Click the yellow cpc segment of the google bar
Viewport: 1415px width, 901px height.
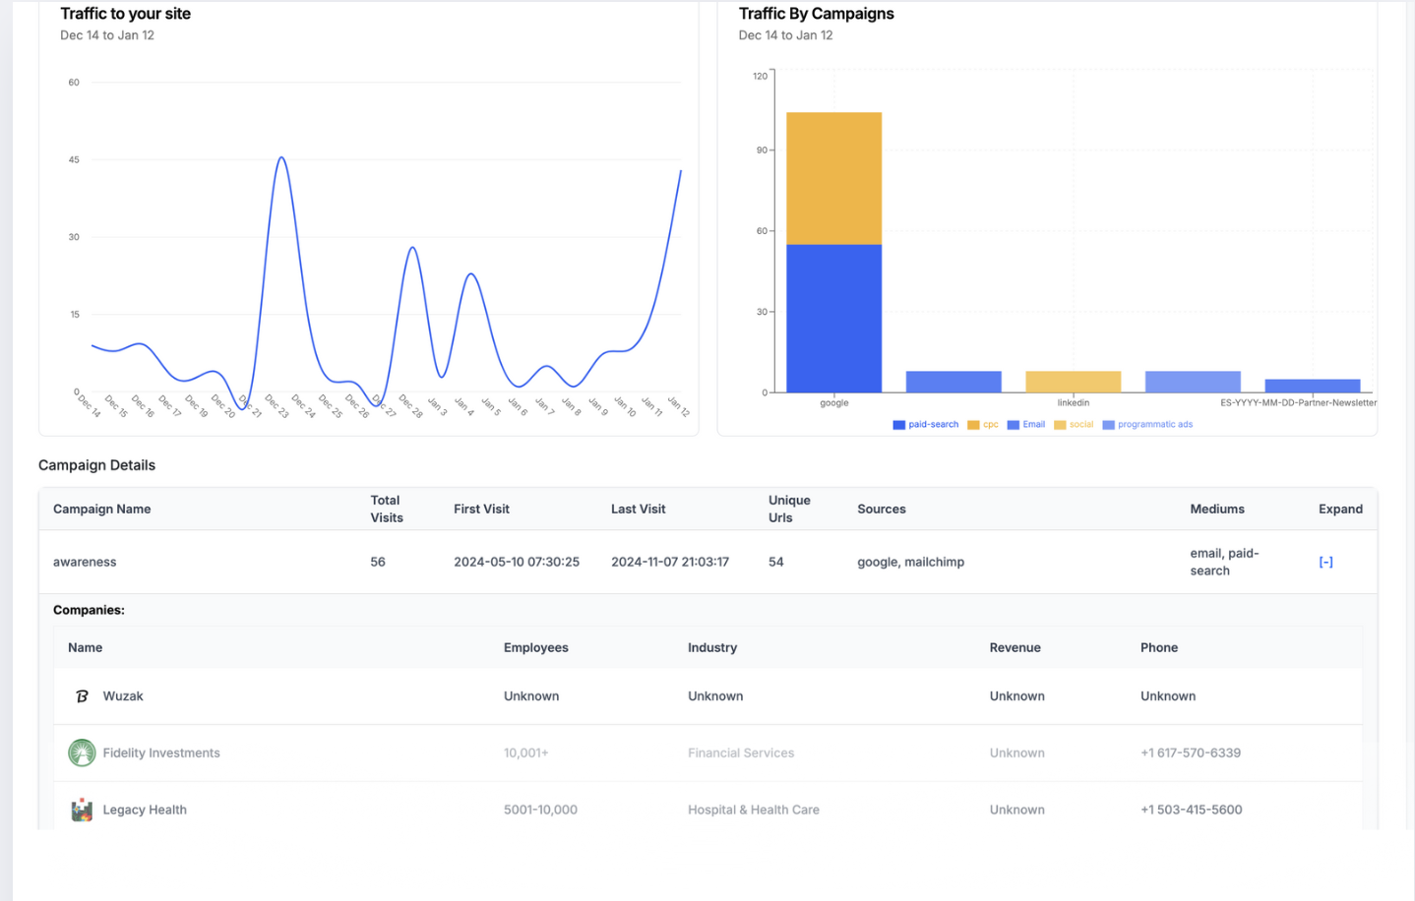pyautogui.click(x=833, y=178)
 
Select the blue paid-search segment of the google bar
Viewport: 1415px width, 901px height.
pyautogui.click(x=833, y=318)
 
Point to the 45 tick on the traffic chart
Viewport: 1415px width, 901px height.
pyautogui.click(x=74, y=159)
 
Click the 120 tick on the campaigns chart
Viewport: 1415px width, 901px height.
pyautogui.click(x=760, y=76)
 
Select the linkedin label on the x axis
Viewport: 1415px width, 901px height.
pyautogui.click(x=1073, y=402)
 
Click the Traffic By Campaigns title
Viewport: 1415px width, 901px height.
pyautogui.click(x=816, y=14)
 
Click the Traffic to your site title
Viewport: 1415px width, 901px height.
pyautogui.click(x=125, y=14)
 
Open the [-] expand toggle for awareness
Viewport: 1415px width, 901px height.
pyautogui.click(x=1325, y=562)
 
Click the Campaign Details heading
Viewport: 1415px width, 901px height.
pyautogui.click(x=96, y=465)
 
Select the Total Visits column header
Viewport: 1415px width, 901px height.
pyautogui.click(x=386, y=509)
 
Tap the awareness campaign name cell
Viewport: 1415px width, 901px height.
pyautogui.click(x=85, y=562)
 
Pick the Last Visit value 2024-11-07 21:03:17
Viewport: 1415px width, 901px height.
pyautogui.click(x=669, y=562)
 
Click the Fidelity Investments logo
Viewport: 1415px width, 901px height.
pyautogui.click(x=82, y=752)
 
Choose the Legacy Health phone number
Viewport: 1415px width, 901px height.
pyautogui.click(x=1191, y=810)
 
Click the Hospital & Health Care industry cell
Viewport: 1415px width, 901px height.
pyautogui.click(x=753, y=810)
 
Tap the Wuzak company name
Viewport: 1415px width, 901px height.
pyautogui.click(x=123, y=695)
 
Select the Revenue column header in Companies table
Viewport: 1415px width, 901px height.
pyautogui.click(x=1015, y=647)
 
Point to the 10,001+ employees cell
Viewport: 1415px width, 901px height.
pyautogui.click(x=525, y=752)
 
